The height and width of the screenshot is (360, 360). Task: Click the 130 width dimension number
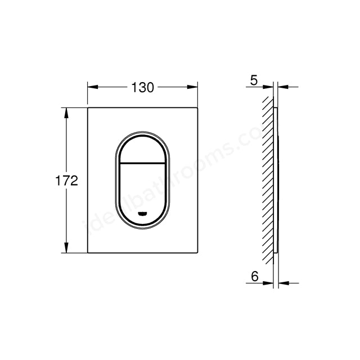point(143,87)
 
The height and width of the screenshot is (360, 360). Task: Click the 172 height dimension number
point(66,181)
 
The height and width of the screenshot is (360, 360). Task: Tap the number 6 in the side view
point(254,277)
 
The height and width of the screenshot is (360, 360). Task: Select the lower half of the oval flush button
point(143,188)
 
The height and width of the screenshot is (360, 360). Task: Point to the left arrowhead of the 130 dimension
point(92,87)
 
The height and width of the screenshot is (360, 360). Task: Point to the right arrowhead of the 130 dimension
point(195,87)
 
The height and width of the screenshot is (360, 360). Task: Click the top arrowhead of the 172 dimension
point(67,111)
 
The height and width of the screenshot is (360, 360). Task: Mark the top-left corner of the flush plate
point(88,107)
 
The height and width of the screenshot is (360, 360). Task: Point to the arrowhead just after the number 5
point(268,87)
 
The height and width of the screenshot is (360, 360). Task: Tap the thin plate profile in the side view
point(276,180)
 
